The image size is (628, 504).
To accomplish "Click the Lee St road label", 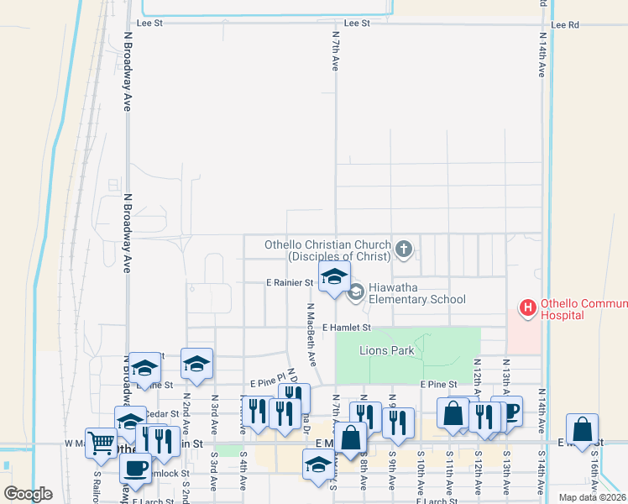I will (x=357, y=24).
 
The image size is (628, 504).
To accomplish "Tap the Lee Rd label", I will (x=566, y=25).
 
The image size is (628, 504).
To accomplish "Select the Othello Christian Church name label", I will (x=327, y=250).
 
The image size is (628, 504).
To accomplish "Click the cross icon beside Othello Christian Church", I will (x=404, y=249).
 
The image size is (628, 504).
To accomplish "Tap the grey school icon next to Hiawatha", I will (x=355, y=292).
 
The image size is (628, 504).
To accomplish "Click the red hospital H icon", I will (x=528, y=308).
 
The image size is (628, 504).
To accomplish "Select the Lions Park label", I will (x=386, y=350).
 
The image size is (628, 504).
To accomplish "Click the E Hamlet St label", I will (x=346, y=328).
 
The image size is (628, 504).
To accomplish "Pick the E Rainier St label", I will (x=290, y=283).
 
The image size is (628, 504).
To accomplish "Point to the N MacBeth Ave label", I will (x=311, y=334).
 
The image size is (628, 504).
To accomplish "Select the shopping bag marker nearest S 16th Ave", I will (x=582, y=429).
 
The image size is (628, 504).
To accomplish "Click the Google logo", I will (x=28, y=493).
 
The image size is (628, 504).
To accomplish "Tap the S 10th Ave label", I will (x=421, y=475).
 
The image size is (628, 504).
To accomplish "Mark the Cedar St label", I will (x=162, y=413).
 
